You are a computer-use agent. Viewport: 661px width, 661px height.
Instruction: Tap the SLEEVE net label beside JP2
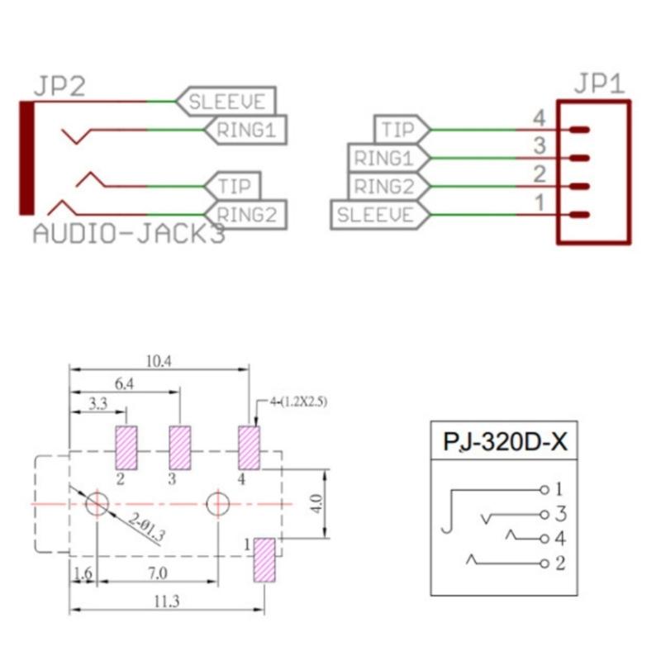coord(226,102)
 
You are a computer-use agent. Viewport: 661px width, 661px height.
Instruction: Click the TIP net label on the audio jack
coord(236,185)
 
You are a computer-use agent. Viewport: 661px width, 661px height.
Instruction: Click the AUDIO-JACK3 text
coord(128,234)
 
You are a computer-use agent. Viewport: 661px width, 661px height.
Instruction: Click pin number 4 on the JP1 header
coord(539,119)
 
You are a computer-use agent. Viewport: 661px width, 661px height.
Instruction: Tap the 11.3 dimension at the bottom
coord(166,602)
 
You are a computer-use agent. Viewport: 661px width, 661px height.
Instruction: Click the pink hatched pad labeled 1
coord(264,559)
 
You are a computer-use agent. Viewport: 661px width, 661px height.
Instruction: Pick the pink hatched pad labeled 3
coord(179,447)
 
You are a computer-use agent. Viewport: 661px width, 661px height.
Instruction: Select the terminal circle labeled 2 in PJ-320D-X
coord(544,564)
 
